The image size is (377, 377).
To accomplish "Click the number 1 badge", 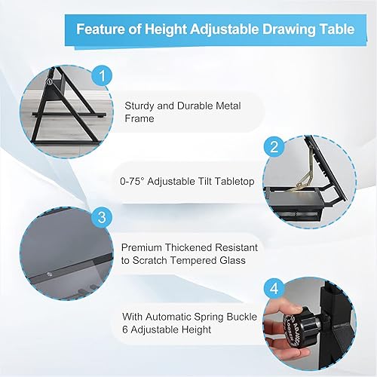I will point(101,76).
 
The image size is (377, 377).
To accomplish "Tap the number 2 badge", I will point(274,146).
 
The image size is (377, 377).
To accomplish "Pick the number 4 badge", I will point(274,287).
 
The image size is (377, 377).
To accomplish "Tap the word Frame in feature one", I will point(139,118).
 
